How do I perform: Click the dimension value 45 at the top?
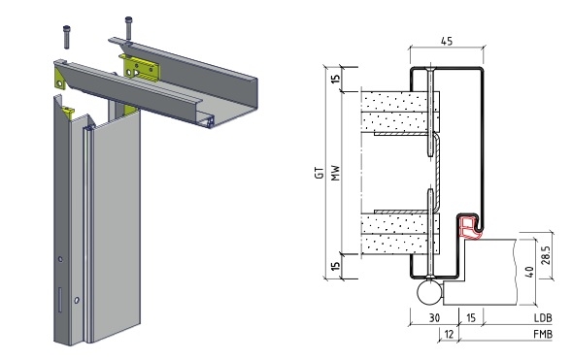tap(447, 41)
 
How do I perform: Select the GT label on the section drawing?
tap(320, 173)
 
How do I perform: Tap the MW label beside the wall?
tap(335, 173)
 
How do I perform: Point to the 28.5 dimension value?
tap(547, 256)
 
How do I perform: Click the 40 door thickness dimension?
tap(529, 272)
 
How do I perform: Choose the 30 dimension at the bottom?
tap(434, 317)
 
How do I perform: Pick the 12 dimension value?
tap(449, 334)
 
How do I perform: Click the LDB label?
tap(543, 317)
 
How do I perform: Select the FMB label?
tap(543, 334)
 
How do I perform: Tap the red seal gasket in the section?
tap(469, 227)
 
